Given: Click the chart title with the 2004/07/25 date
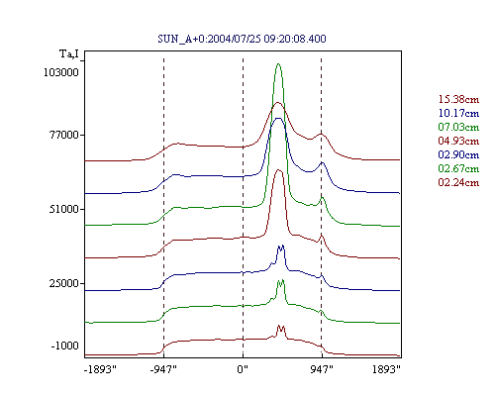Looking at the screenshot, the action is [x=242, y=39].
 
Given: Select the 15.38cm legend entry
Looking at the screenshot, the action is [x=458, y=99].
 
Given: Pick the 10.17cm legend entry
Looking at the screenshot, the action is [x=458, y=113].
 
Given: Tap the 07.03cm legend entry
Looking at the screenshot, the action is [x=458, y=127].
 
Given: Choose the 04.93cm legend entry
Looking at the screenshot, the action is [x=458, y=141].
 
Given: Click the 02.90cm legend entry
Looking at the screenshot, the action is [x=458, y=154].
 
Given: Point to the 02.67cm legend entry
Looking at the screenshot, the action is [x=458, y=168].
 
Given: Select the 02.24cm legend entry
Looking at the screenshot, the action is [x=458, y=182].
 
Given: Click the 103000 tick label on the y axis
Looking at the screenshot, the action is [x=61, y=72].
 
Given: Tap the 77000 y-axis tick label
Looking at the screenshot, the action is [x=64, y=135].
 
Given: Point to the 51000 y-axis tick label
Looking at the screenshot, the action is [x=64, y=209].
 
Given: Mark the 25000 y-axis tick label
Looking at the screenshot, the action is [x=64, y=283].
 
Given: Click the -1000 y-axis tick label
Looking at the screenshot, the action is [x=64, y=346].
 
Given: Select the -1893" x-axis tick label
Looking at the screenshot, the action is [x=101, y=369].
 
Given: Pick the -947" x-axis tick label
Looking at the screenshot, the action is [x=163, y=369].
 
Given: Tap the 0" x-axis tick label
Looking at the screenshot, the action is [x=243, y=369].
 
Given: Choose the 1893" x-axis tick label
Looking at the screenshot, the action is [x=386, y=369].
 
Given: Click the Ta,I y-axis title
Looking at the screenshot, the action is [x=69, y=53].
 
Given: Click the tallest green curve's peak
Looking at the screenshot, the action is [x=278, y=63].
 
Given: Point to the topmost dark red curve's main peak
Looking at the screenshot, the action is [x=278, y=103].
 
